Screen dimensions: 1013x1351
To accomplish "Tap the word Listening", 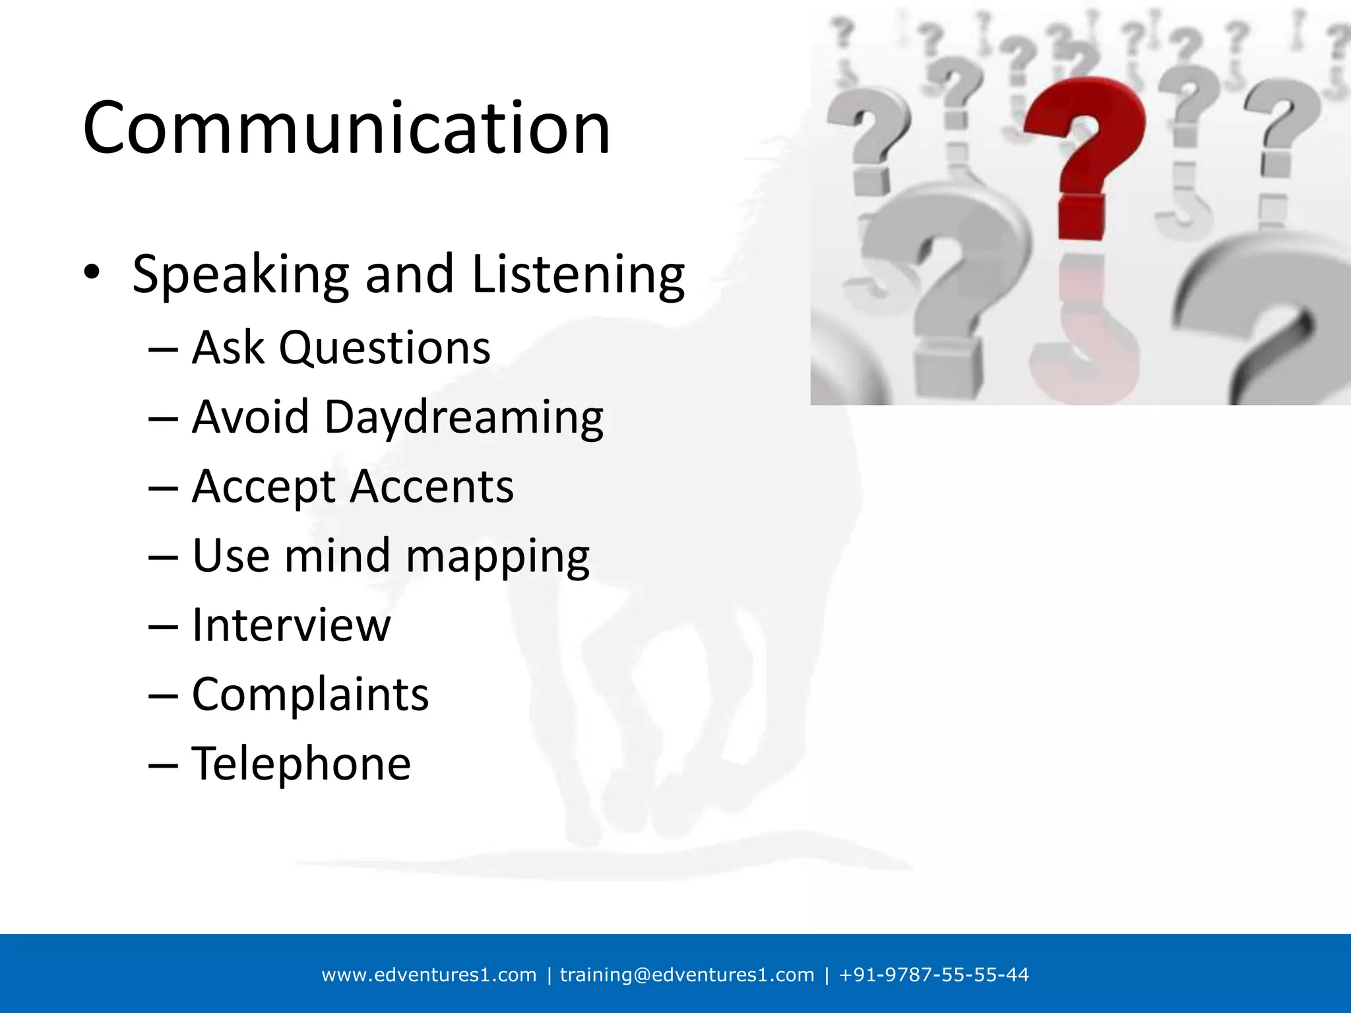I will coord(579,274).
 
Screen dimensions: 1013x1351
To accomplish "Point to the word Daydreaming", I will coord(464,417).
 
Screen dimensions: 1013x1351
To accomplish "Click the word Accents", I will coord(432,487).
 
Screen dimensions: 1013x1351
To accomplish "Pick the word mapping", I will coord(497,556).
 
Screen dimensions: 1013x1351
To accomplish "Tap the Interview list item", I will coord(291,625).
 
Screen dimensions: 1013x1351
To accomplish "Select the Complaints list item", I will coord(310,694).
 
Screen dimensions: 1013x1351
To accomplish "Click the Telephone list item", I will coord(301,763).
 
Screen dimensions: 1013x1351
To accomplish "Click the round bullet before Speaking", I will coord(91,272).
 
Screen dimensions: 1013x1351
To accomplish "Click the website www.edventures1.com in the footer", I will coord(429,975).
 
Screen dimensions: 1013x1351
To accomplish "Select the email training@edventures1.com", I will coord(687,975).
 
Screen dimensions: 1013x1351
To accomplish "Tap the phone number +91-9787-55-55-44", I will coord(933,975).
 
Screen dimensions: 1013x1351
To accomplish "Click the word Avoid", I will coord(251,417).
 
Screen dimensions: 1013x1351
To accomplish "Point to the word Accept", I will coord(264,487).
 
